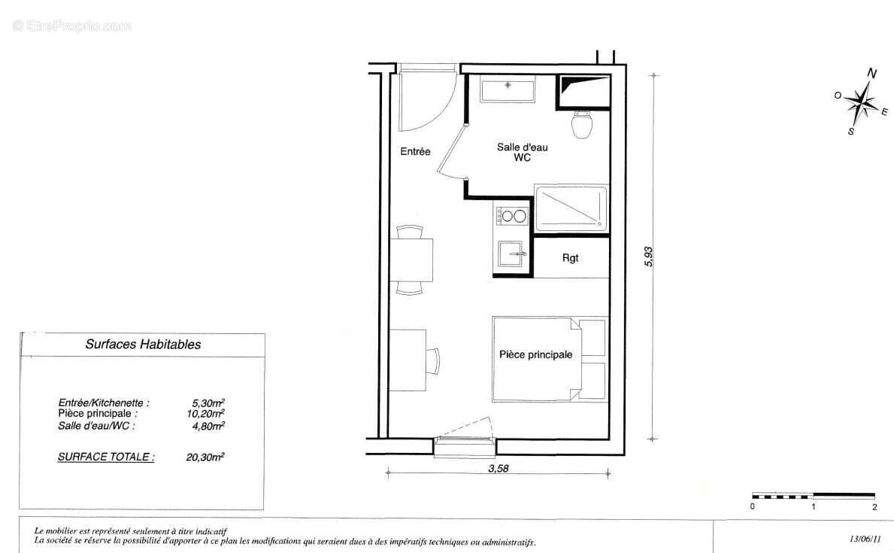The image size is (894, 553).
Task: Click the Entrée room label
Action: (x=415, y=152)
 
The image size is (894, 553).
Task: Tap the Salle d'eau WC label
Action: (x=522, y=153)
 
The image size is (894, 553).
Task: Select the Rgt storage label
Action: (x=571, y=257)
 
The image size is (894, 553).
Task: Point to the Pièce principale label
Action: (x=535, y=355)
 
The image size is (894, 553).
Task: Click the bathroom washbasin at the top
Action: (x=508, y=90)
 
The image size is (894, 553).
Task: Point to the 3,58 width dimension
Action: (x=499, y=469)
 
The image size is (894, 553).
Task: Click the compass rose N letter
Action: (x=872, y=74)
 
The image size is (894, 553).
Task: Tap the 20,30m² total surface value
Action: (x=205, y=456)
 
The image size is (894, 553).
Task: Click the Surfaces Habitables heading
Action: (x=143, y=345)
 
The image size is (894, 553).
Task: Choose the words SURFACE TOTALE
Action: (x=105, y=456)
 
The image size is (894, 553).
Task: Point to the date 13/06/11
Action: (x=864, y=539)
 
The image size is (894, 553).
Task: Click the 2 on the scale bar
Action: (x=874, y=507)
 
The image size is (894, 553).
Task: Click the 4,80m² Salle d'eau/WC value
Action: (x=208, y=425)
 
